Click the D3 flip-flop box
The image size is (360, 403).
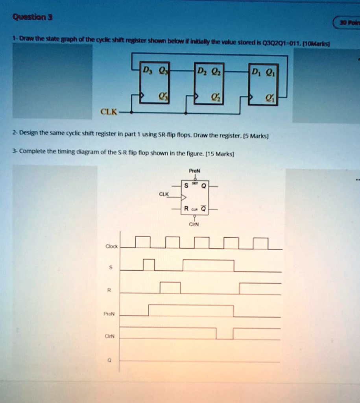155,83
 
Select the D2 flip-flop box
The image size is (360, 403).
209,83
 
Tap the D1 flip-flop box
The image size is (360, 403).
263,85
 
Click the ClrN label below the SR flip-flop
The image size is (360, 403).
194,225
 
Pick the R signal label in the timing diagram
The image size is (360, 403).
111,290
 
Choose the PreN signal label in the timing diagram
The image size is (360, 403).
109,314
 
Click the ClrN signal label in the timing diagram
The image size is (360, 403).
109,336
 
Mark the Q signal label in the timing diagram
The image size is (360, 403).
110,359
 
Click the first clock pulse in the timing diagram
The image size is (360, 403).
142,242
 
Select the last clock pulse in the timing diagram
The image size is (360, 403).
261,244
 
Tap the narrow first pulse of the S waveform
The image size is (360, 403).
149,265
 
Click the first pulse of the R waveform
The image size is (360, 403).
170,288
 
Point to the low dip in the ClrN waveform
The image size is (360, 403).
224,334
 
